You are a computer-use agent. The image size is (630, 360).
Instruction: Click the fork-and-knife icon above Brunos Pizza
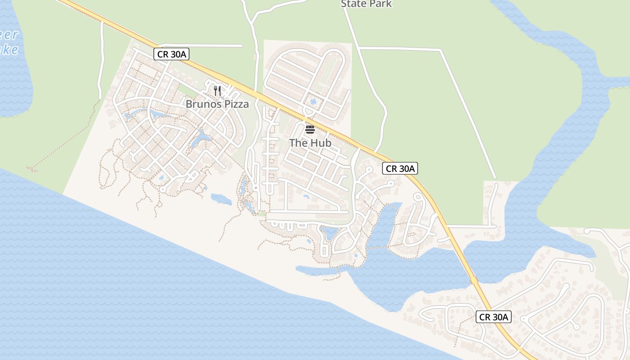[x=217, y=90]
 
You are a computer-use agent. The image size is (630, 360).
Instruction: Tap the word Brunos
[x=203, y=104]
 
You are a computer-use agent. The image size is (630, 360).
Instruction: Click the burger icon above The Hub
[x=310, y=130]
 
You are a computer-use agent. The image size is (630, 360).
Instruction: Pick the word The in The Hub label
[x=298, y=143]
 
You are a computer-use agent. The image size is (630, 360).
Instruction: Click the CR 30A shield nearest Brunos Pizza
[x=171, y=54]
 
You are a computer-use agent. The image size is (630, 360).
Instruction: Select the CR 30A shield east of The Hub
[x=400, y=169]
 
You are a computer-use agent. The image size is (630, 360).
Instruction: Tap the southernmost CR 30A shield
[x=494, y=317]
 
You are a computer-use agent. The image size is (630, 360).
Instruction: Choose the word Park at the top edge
[x=380, y=4]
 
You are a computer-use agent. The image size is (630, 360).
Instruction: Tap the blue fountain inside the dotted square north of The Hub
[x=313, y=101]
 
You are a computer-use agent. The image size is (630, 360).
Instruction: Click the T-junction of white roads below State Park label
[x=360, y=47]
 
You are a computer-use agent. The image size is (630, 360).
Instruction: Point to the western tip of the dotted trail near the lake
[x=29, y=169]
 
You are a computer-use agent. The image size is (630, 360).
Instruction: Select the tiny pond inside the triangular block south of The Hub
[x=306, y=196]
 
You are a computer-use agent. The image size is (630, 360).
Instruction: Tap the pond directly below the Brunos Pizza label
[x=201, y=139]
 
